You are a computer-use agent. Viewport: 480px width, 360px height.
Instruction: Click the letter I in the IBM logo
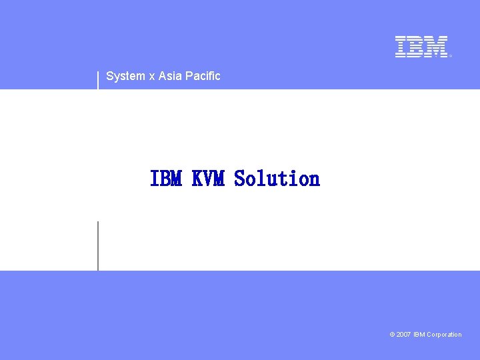tap(400, 47)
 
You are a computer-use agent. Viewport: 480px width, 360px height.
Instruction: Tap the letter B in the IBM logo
tap(415, 47)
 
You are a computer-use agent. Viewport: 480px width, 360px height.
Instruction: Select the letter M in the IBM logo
tap(436, 47)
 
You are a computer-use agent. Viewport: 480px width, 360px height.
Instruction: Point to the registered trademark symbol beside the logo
tap(451, 56)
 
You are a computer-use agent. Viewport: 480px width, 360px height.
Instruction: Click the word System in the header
tap(125, 76)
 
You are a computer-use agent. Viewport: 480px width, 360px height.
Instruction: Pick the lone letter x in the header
tap(152, 76)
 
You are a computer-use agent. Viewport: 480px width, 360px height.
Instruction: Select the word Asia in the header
tap(170, 76)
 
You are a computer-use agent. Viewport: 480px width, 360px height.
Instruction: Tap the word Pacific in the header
tap(203, 76)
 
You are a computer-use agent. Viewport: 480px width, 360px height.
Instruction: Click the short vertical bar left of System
tap(98, 79)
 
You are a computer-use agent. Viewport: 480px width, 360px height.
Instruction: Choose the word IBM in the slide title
tap(166, 179)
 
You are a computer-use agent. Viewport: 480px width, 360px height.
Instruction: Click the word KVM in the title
tap(208, 179)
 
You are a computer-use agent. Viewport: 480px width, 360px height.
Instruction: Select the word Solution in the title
tap(277, 179)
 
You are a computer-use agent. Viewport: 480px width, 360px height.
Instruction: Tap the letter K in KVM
tap(197, 179)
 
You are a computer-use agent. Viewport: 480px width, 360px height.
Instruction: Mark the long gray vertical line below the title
tap(98, 245)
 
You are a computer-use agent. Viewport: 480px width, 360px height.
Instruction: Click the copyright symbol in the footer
tap(392, 335)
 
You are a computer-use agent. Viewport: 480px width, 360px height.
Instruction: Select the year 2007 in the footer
tap(403, 335)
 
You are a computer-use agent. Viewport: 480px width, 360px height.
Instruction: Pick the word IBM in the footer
tap(419, 335)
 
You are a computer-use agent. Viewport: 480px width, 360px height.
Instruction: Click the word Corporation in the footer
tap(444, 335)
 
